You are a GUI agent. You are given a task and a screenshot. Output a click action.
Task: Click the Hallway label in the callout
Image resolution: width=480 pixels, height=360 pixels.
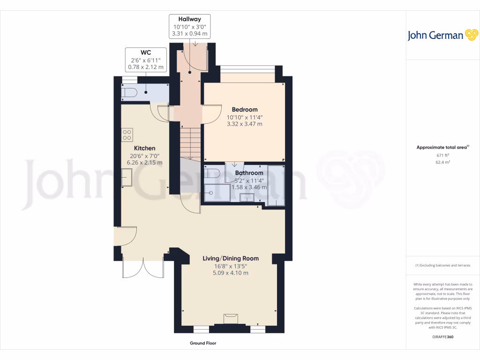point(189,19)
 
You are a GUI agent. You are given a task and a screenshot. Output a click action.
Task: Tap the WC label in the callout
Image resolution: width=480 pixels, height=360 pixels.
point(146,52)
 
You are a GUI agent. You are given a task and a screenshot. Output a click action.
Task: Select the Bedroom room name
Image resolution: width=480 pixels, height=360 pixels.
point(244,110)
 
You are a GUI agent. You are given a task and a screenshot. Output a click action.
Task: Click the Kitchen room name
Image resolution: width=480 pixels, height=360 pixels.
point(144,148)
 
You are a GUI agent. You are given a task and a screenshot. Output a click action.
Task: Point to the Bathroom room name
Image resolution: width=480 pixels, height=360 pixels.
point(249,173)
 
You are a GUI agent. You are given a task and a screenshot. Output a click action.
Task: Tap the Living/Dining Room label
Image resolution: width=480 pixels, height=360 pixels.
point(230,258)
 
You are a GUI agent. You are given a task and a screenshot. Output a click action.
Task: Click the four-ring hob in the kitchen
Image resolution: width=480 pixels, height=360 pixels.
point(127,135)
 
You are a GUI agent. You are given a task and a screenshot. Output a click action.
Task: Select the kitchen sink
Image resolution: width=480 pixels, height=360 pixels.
point(127,177)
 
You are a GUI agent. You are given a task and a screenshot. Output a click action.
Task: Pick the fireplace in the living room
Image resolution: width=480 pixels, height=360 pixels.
point(230,318)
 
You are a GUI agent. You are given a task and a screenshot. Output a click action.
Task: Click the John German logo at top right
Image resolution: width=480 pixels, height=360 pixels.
point(442,35)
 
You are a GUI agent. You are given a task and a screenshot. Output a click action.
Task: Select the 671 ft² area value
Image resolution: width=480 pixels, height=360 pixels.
point(443,155)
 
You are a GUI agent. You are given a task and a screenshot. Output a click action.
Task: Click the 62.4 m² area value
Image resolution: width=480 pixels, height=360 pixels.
point(443,162)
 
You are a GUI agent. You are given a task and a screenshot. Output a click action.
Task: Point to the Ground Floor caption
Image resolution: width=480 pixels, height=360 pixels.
point(203,343)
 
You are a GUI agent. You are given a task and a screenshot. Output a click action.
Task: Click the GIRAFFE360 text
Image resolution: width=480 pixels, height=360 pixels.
point(443,337)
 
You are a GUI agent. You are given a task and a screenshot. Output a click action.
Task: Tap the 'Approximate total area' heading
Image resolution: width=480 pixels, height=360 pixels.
point(442,147)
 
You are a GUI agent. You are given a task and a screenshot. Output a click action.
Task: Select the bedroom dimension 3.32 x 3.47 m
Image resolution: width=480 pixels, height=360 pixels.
point(244,124)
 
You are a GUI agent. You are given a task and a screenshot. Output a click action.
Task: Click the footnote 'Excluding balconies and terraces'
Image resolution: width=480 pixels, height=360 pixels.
point(442,265)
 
